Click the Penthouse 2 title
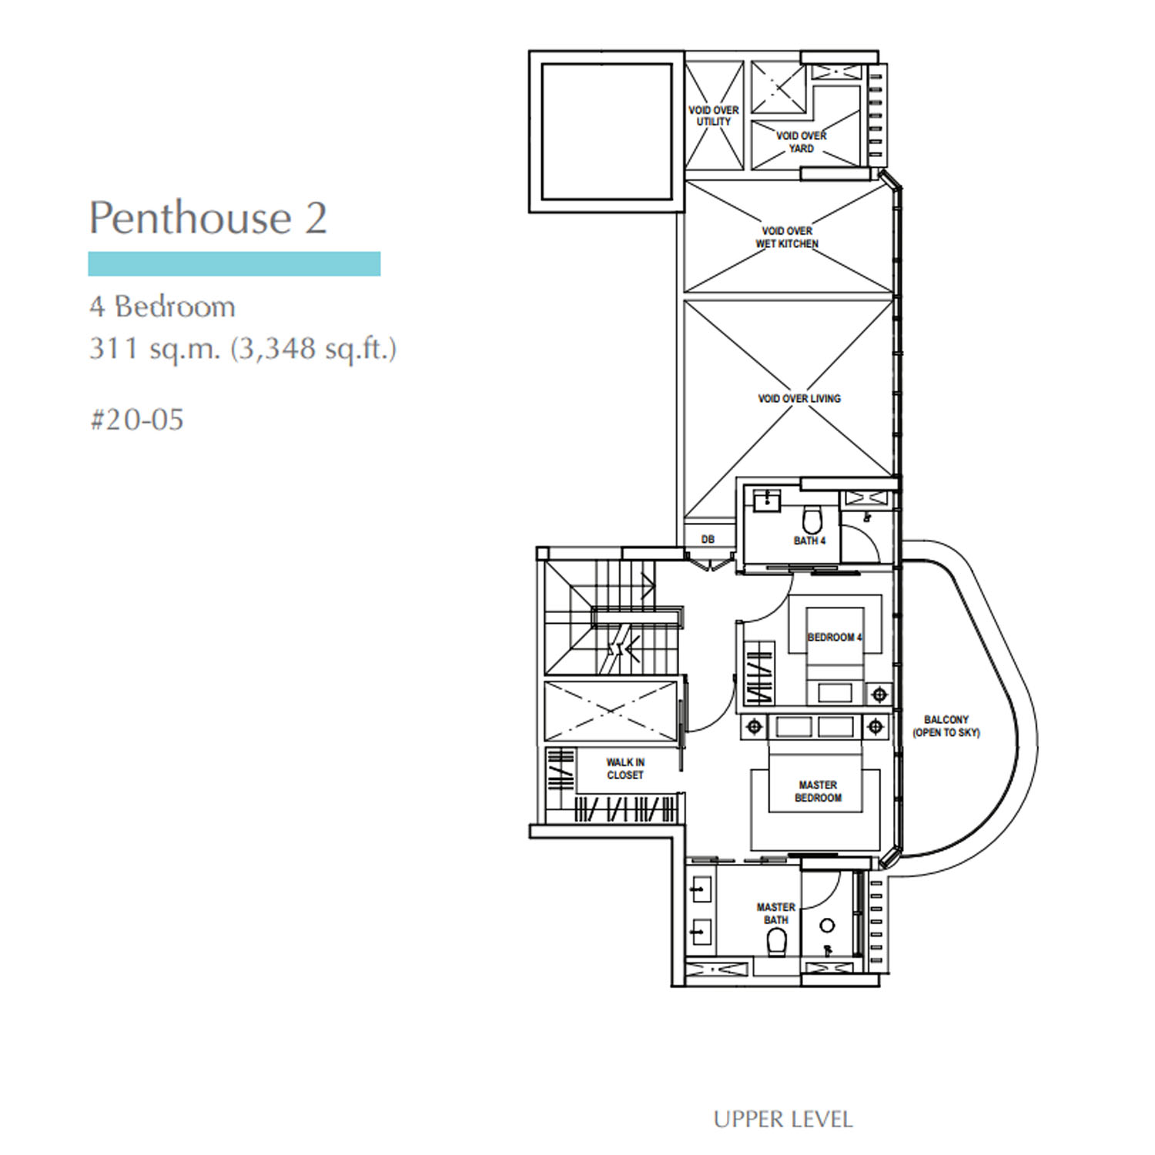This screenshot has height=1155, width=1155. pyautogui.click(x=208, y=218)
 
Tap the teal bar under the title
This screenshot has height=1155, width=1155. pyautogui.click(x=234, y=263)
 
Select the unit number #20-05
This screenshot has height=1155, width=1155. pyautogui.click(x=137, y=420)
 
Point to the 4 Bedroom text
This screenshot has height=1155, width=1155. pyautogui.click(x=162, y=306)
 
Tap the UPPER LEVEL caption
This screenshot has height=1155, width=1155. pyautogui.click(x=783, y=1120)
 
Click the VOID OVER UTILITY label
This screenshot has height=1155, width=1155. pyautogui.click(x=714, y=116)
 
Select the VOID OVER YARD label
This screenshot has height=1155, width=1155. pyautogui.click(x=801, y=142)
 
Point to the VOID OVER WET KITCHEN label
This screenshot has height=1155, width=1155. pyautogui.click(x=787, y=237)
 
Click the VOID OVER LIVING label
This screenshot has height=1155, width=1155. pyautogui.click(x=799, y=398)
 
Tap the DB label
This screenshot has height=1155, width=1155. pyautogui.click(x=708, y=539)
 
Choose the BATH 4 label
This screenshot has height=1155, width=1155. pyautogui.click(x=809, y=541)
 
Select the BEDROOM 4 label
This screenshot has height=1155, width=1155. pyautogui.click(x=835, y=638)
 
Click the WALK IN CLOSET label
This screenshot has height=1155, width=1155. pyautogui.click(x=625, y=768)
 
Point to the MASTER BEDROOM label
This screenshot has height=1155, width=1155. pyautogui.click(x=818, y=792)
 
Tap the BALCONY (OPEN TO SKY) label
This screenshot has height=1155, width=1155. pyautogui.click(x=946, y=726)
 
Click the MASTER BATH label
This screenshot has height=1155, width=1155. pyautogui.click(x=776, y=913)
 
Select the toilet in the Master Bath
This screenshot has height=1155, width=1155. pyautogui.click(x=777, y=942)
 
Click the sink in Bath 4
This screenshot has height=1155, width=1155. pyautogui.click(x=767, y=500)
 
